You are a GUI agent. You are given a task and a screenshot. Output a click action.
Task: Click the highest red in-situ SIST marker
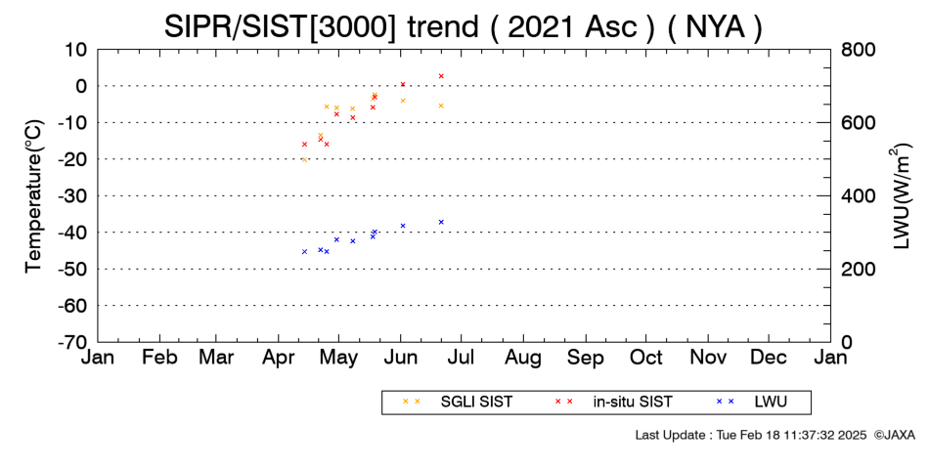(441, 76)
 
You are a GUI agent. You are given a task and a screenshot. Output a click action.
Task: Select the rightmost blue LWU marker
(441, 222)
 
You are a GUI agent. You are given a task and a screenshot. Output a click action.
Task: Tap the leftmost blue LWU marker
(304, 252)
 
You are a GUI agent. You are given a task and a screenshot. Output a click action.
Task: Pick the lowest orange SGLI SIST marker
(304, 160)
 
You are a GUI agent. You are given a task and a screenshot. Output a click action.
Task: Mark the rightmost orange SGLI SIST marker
(441, 106)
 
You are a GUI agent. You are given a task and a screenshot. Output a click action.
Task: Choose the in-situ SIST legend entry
(613, 403)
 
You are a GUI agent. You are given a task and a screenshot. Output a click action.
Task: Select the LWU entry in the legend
(751, 403)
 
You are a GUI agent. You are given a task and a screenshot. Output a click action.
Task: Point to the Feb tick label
(160, 358)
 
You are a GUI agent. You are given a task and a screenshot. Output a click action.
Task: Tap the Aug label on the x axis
(523, 359)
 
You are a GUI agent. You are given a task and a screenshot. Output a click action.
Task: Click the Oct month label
(645, 358)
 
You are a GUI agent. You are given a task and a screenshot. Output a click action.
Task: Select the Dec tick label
(769, 358)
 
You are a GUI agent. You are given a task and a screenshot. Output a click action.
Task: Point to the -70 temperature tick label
(73, 342)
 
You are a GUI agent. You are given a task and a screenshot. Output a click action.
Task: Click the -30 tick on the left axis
(73, 196)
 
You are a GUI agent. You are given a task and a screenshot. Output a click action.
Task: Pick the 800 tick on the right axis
(858, 50)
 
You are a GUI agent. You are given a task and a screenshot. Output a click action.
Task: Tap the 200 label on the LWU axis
(858, 270)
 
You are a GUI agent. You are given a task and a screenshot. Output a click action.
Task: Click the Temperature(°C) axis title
(34, 196)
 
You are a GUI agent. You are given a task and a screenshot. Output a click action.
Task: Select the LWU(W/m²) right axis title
(899, 196)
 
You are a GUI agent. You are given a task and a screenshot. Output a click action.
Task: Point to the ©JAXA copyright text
(894, 435)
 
